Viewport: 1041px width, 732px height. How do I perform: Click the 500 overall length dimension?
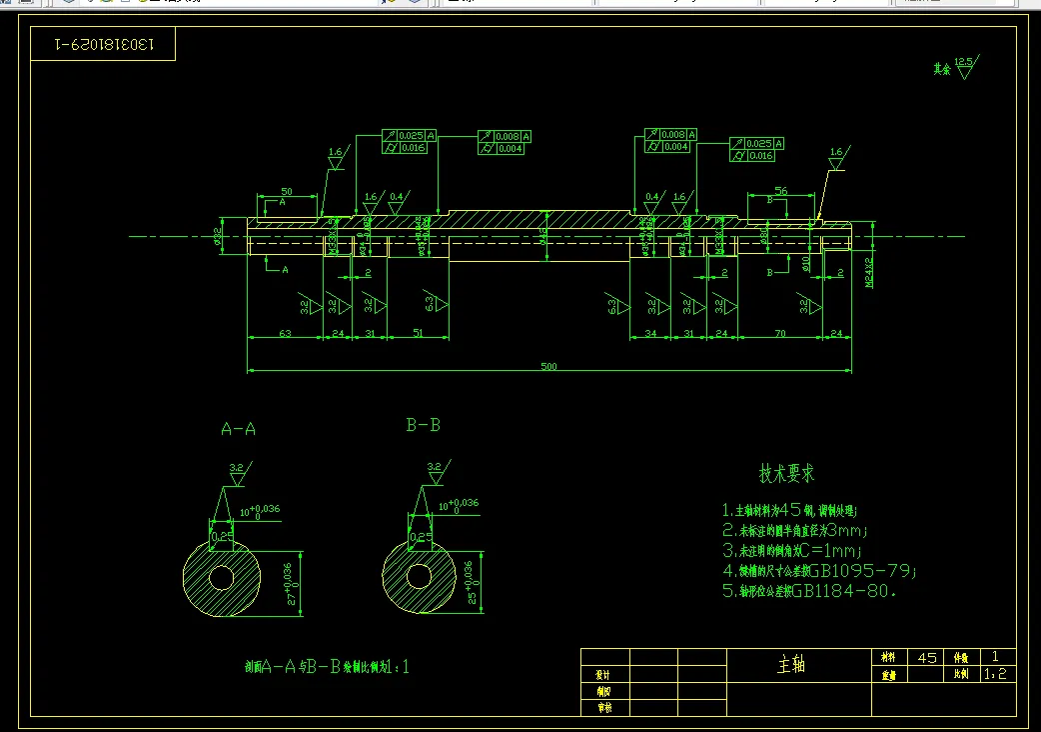[x=548, y=367]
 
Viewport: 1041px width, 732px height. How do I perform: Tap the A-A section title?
[x=238, y=429]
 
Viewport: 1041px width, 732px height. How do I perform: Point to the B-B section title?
[x=423, y=425]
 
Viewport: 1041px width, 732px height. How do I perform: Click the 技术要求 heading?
[x=786, y=473]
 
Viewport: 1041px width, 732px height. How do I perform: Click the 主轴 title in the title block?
[x=790, y=664]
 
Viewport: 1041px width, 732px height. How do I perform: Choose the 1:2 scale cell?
[x=995, y=675]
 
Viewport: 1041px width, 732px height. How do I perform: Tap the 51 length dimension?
[x=417, y=333]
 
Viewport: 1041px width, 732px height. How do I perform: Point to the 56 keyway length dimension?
[x=781, y=191]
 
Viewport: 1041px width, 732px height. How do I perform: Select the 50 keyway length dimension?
[x=287, y=191]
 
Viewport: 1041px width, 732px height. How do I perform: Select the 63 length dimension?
[x=285, y=333]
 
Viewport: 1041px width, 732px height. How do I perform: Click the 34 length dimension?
[x=651, y=333]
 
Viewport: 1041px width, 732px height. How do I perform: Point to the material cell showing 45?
[x=927, y=657]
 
